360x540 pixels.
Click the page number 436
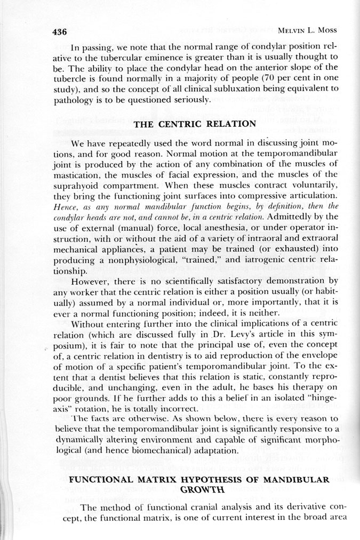point(59,31)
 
